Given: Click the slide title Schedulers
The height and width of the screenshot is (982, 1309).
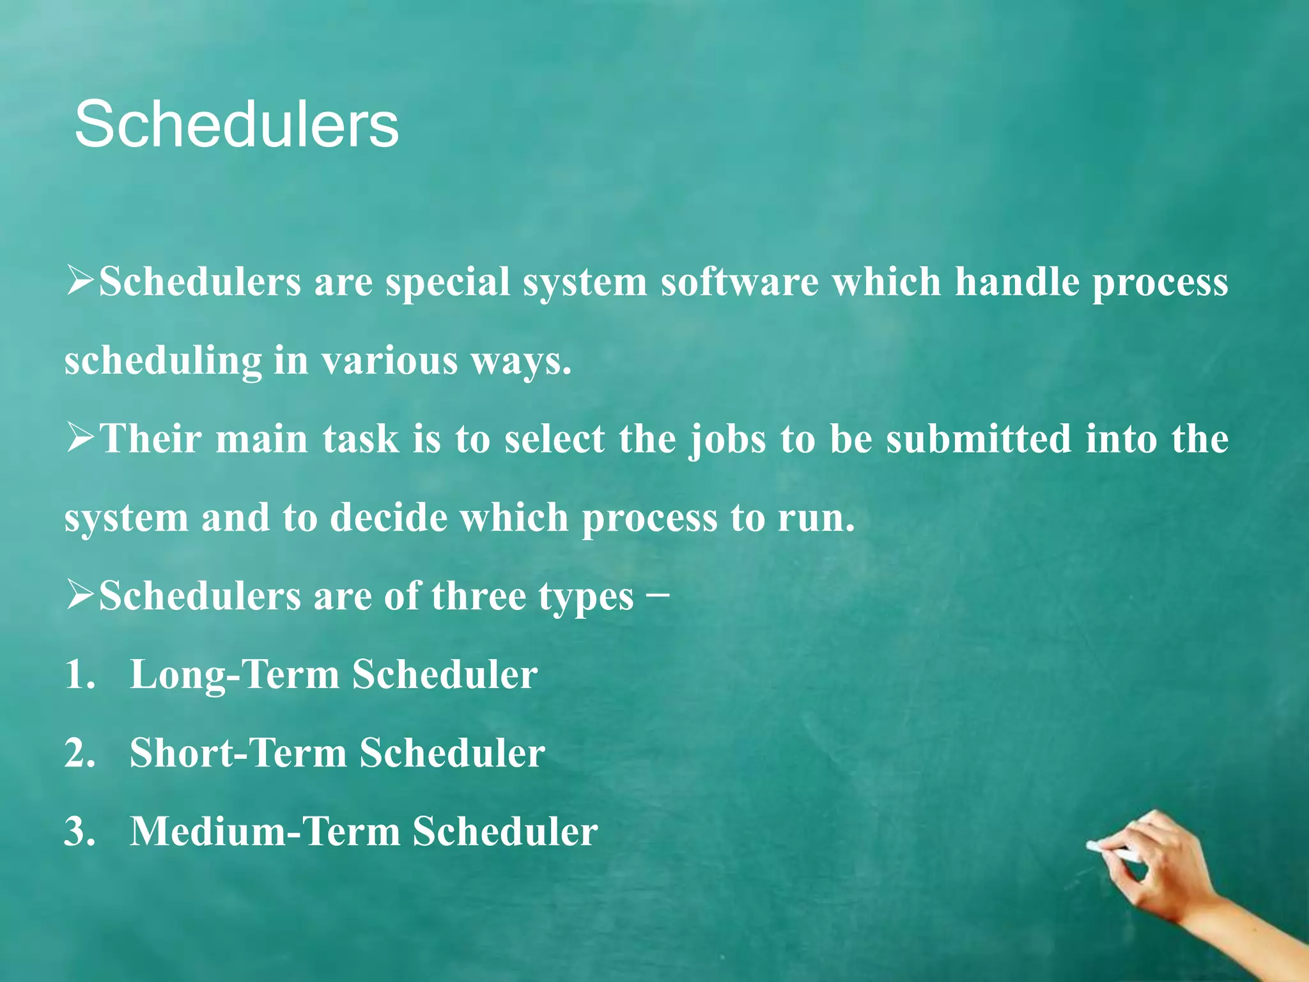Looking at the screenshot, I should coord(236,125).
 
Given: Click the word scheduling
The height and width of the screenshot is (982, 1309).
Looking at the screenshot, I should coord(163,362).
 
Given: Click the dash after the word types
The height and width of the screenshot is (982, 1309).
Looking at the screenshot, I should coord(658,593).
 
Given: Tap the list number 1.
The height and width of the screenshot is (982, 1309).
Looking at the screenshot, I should coord(79,675).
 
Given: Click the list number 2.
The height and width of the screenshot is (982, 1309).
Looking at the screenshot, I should coord(79,753).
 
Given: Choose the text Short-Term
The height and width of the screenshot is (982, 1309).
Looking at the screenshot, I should coord(238,753).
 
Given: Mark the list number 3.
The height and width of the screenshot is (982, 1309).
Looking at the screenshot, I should coord(79,832).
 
